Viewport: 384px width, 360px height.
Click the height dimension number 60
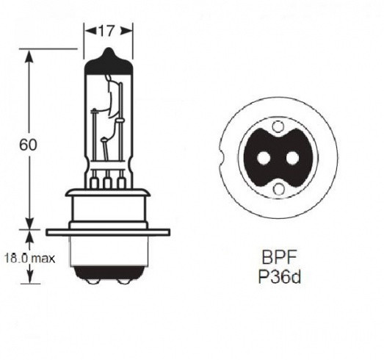[x=28, y=144]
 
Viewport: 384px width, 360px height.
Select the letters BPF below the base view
[x=276, y=259]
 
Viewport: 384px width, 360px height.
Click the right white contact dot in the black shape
[x=292, y=158]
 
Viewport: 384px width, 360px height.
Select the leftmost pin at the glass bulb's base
[x=95, y=181]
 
